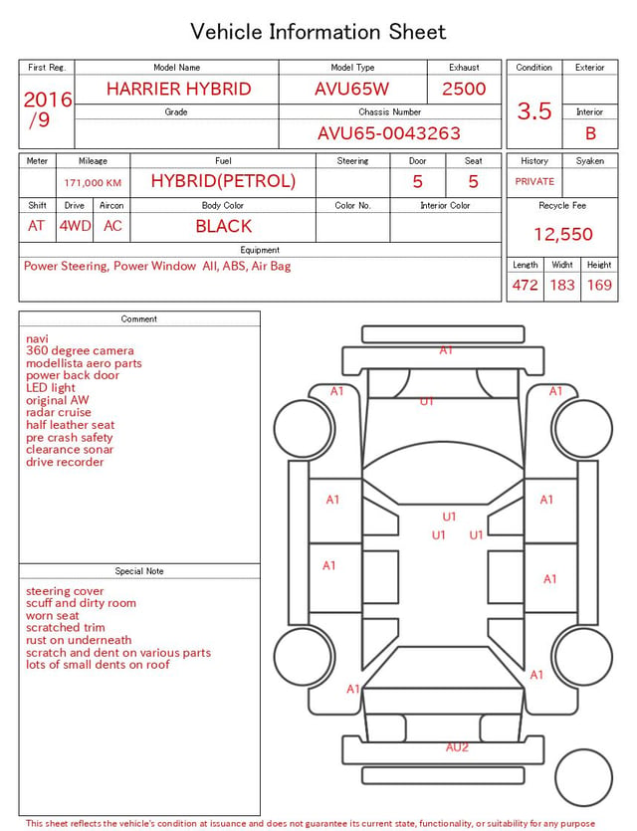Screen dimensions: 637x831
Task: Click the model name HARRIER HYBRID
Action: coord(178,89)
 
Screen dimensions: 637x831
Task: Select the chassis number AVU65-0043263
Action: coord(389,133)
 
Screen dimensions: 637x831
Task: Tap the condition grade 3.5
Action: coord(534,110)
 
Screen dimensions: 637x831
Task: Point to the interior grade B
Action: coord(590,133)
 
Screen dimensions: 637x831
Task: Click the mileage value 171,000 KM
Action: coord(93,183)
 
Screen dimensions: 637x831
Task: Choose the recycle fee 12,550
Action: coord(562,234)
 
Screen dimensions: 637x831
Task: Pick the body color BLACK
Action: coord(224,226)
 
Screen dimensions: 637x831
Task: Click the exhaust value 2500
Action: coord(464,89)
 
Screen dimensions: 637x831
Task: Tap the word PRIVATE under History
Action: coord(534,181)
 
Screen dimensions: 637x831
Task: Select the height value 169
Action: coord(599,285)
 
